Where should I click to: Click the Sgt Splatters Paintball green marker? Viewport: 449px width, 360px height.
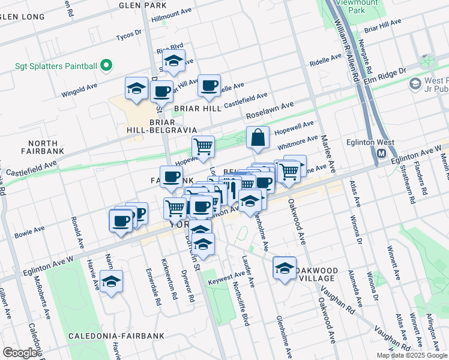107,64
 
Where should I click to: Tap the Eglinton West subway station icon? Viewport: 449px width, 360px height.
382,154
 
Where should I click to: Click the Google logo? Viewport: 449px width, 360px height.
20,353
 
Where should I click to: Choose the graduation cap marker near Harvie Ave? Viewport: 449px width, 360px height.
111,281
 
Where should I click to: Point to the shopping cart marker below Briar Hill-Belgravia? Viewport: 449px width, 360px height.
203,146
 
